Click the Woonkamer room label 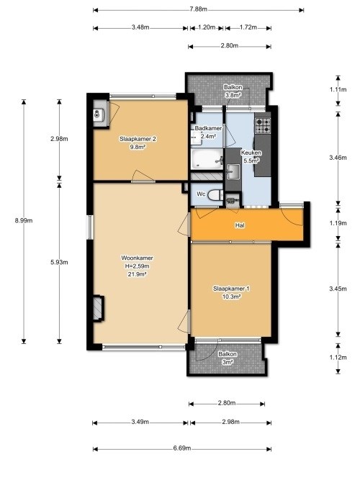[x=137, y=258]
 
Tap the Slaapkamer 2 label [x=138, y=139]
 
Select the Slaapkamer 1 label [x=231, y=289]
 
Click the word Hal [x=240, y=225]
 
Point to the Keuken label [x=251, y=153]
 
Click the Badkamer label [x=208, y=128]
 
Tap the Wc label [x=201, y=194]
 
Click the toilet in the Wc [x=215, y=195]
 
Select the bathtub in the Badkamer [x=207, y=159]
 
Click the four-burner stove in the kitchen [x=264, y=126]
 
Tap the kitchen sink [x=233, y=171]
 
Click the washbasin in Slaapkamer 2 [x=99, y=115]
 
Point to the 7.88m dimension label [x=198, y=9]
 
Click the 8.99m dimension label [x=24, y=220]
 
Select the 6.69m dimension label [x=182, y=448]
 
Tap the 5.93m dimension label [x=59, y=263]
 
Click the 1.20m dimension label [x=207, y=27]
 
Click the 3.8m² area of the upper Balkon [x=233, y=95]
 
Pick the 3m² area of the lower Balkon [x=228, y=362]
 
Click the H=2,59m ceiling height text [x=137, y=266]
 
